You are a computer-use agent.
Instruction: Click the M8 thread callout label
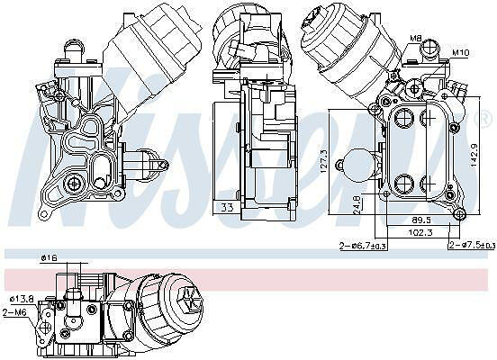415,39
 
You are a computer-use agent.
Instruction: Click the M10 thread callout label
460,52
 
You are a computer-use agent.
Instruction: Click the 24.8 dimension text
356,204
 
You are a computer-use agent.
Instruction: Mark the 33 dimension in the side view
227,208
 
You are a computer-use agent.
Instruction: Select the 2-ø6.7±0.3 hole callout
363,246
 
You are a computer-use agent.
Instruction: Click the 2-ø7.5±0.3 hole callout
472,246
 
